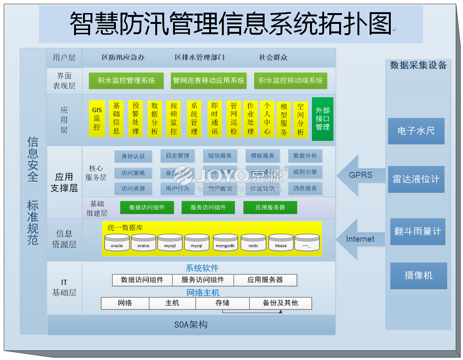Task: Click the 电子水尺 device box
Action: coord(416,131)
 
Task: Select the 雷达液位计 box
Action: coord(416,179)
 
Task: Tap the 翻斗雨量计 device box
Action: coord(417,231)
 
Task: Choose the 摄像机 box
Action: coord(418,275)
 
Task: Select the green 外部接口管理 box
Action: coord(323,119)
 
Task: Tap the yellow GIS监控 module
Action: coord(97,119)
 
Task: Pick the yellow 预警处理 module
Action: coord(135,119)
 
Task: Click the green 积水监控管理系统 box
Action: coord(126,81)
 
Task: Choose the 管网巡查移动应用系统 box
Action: coord(209,81)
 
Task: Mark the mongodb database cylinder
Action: coord(225,242)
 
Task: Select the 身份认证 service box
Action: coord(133,156)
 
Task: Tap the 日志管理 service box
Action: coord(177,156)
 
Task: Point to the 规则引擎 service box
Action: coord(305,172)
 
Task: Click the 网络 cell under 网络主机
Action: coord(125,303)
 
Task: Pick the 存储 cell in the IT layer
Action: coord(222,303)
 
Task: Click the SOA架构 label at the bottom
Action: coord(191,324)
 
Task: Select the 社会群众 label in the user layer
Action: coord(273,58)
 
